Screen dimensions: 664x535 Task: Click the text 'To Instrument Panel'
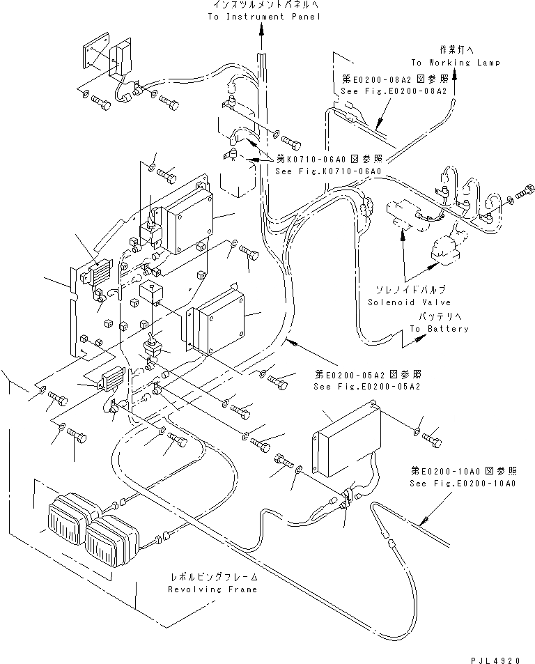(264, 16)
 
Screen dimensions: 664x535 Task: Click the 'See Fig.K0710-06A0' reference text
(328, 171)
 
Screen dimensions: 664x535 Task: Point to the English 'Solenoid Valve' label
(409, 302)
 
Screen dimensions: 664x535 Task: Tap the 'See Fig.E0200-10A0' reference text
(462, 482)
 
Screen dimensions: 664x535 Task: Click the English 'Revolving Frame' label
(212, 589)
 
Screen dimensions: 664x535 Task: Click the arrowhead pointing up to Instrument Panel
(262, 29)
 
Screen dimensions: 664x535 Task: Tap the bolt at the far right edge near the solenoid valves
(527, 189)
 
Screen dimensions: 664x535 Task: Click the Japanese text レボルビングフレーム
(212, 577)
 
